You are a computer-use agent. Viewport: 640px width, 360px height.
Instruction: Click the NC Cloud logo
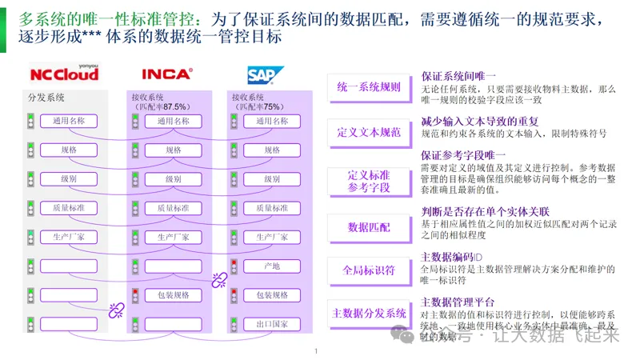pyautogui.click(x=64, y=74)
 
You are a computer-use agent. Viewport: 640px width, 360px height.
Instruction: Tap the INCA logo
pyautogui.click(x=166, y=74)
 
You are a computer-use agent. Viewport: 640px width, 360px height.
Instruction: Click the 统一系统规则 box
pyautogui.click(x=369, y=86)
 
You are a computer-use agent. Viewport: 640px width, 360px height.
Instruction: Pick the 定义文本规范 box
pyautogui.click(x=369, y=132)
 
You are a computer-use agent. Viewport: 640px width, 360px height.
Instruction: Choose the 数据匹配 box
pyautogui.click(x=369, y=227)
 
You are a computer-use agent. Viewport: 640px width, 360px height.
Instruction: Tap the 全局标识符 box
pyautogui.click(x=369, y=270)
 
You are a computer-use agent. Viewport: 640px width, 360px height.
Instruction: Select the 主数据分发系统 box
pyautogui.click(x=369, y=313)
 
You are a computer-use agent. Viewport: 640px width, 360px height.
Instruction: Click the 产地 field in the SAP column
pyautogui.click(x=271, y=266)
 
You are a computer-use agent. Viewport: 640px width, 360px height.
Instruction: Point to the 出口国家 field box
pyautogui.click(x=271, y=324)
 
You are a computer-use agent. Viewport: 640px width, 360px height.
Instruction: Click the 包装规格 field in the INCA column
pyautogui.click(x=173, y=295)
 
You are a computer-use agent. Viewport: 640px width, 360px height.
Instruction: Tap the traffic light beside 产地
pyautogui.click(x=234, y=266)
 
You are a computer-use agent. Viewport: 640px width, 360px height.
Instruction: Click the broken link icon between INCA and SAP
pyautogui.click(x=218, y=279)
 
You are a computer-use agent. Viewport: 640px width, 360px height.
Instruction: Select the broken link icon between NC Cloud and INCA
pyautogui.click(x=116, y=310)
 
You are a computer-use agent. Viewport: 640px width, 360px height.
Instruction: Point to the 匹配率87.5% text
pyautogui.click(x=163, y=106)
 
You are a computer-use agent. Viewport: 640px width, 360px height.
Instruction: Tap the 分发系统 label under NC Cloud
pyautogui.click(x=46, y=98)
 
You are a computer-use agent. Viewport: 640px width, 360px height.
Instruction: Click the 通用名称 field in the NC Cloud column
pyautogui.click(x=69, y=121)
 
